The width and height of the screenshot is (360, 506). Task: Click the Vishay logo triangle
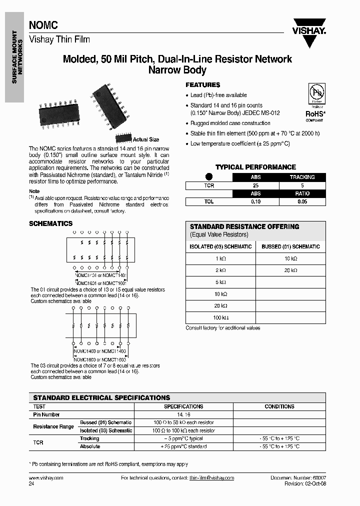(x=309, y=39)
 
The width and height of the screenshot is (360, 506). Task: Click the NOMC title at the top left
(x=43, y=24)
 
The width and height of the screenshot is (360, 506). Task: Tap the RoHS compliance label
(x=315, y=114)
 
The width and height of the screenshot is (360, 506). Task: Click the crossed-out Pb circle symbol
(x=315, y=95)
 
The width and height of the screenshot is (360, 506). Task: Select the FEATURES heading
(x=203, y=85)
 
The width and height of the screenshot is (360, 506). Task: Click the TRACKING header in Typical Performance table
(x=302, y=177)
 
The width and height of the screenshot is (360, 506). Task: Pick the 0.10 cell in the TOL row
(x=255, y=202)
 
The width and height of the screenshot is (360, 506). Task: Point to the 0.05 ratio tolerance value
(x=302, y=202)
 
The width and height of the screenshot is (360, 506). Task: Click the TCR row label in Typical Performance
(x=209, y=185)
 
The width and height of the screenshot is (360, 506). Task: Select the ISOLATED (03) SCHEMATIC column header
(x=220, y=246)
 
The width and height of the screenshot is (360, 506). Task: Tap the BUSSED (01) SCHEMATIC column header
(x=290, y=246)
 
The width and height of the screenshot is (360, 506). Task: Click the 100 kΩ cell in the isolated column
(x=220, y=317)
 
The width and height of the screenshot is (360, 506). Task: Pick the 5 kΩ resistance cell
(x=220, y=281)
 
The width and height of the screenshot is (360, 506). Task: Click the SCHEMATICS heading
(x=50, y=223)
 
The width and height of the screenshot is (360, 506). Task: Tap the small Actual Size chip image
(x=123, y=138)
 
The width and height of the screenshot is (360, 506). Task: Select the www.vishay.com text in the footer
(x=46, y=478)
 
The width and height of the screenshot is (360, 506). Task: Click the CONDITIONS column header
(x=279, y=406)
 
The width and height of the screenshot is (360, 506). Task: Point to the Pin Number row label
(x=46, y=414)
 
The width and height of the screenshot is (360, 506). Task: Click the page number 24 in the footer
(x=32, y=484)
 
